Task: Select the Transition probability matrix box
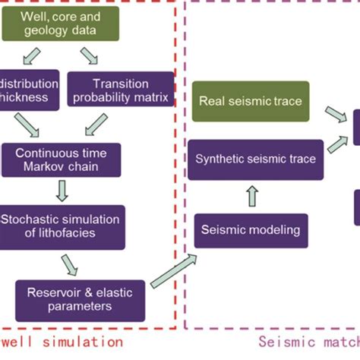pos(120,91)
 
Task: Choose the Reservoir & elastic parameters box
pos(81,299)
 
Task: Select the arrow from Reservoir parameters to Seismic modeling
pos(173,272)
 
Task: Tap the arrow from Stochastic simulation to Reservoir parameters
pos(69,263)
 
